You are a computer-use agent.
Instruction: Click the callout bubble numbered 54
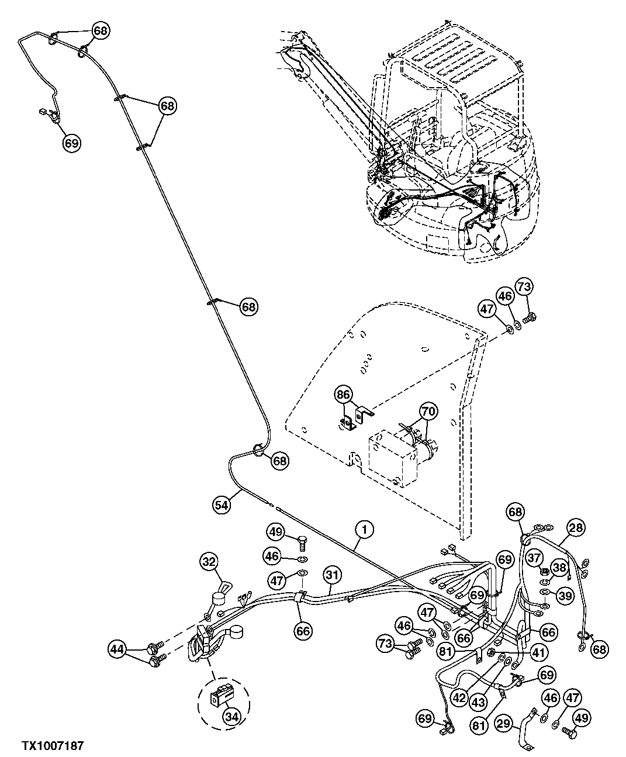pos(221,504)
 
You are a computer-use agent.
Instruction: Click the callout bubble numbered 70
pos(428,411)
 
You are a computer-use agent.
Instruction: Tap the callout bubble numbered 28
pos(576,528)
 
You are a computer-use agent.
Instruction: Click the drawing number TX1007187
pos(53,746)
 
